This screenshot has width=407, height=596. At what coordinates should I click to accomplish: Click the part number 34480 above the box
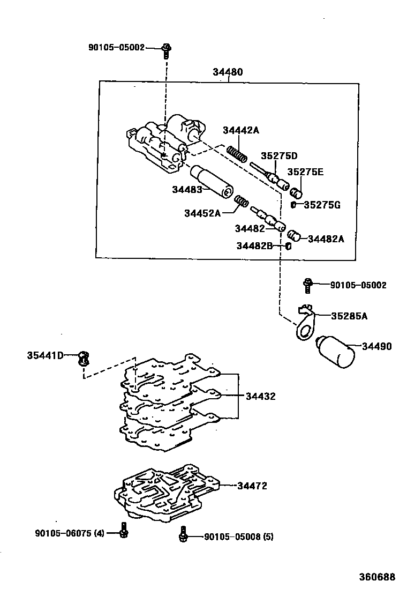click(228, 72)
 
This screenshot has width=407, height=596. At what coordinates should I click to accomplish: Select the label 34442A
click(240, 131)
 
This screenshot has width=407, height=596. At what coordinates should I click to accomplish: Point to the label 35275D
click(278, 156)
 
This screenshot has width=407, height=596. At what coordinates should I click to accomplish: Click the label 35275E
click(305, 172)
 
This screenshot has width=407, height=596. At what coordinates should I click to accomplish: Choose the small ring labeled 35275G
click(294, 204)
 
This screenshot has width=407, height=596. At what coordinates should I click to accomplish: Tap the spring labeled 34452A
click(242, 203)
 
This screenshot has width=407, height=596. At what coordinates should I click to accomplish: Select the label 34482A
click(326, 239)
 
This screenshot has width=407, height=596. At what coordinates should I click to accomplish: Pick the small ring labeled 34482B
click(288, 245)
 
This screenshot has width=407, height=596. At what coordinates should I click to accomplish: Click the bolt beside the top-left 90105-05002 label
click(166, 50)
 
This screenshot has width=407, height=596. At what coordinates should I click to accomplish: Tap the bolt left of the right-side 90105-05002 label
click(308, 285)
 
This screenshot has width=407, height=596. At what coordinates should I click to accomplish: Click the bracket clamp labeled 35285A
click(305, 323)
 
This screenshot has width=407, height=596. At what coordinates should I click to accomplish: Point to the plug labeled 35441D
click(82, 357)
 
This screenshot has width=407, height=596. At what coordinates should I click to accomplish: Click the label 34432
click(260, 397)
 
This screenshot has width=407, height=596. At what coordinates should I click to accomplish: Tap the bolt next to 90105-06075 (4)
click(123, 530)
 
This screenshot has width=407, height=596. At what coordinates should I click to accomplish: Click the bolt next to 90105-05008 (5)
click(184, 533)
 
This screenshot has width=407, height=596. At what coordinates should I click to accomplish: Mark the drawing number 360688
click(376, 577)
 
